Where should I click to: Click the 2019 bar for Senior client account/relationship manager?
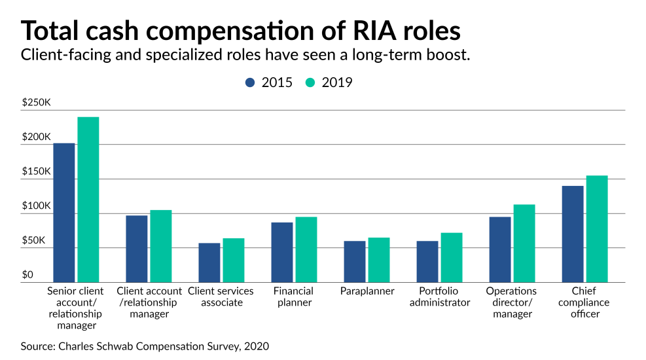tap(88, 200)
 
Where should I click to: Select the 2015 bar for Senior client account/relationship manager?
tap(64, 213)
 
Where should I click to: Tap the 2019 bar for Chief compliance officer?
tap(597, 229)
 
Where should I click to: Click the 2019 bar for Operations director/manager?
tap(524, 243)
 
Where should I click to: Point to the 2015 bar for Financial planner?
tap(282, 253)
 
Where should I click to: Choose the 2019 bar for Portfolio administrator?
tap(452, 258)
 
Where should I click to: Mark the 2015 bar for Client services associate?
tap(209, 263)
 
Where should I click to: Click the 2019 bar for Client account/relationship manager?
tap(161, 246)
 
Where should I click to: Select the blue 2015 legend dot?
tap(250, 82)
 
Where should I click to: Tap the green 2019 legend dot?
tap(310, 82)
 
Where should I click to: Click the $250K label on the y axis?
tap(36, 103)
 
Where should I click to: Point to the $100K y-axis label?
tap(36, 206)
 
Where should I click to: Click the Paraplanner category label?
tap(367, 291)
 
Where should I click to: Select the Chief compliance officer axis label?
tap(584, 302)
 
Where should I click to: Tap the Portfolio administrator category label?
tap(440, 297)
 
